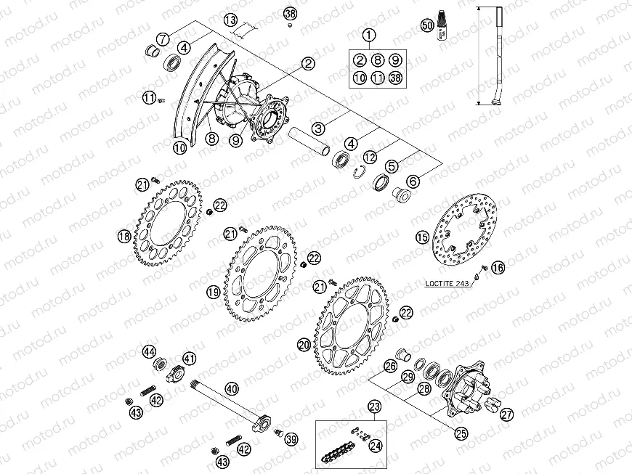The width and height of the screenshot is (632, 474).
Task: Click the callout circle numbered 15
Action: [x=422, y=237]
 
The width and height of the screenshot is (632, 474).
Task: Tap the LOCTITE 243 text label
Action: [x=445, y=283]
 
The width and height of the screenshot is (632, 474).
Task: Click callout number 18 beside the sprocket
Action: [x=124, y=236]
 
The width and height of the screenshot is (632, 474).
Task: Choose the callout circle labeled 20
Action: [x=304, y=346]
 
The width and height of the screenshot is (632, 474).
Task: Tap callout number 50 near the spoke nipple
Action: [x=427, y=27]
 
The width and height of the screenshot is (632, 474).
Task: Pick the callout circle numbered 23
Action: [x=375, y=407]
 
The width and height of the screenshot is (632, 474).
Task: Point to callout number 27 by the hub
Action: [x=506, y=414]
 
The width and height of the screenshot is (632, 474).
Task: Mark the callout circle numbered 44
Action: [x=150, y=351]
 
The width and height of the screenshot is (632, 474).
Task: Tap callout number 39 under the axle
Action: [x=291, y=439]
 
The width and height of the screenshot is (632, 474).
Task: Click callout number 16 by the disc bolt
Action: [x=498, y=268]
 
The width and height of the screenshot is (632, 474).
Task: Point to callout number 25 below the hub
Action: [x=461, y=434]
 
